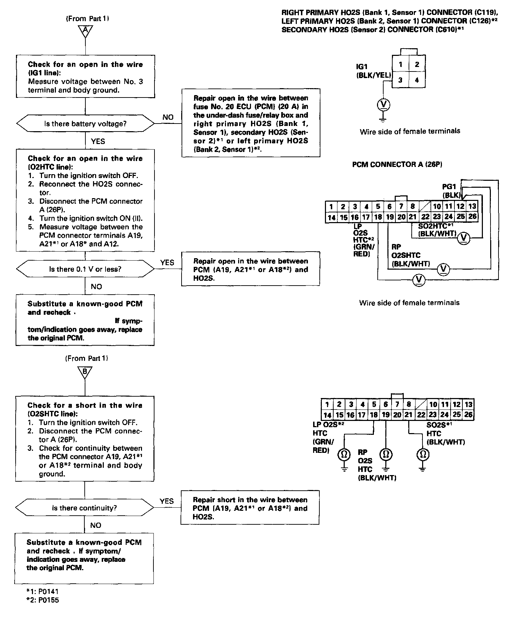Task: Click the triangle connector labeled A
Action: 85,31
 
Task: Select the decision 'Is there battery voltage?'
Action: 85,124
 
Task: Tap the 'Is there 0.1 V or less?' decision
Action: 85,269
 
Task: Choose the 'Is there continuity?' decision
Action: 85,508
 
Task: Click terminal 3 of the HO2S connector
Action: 400,80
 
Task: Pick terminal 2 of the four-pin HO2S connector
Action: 417,64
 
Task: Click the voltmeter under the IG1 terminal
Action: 383,104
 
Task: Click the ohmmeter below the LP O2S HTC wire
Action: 344,454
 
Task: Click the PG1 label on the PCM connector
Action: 449,187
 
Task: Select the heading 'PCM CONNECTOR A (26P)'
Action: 397,164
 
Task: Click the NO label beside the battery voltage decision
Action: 168,117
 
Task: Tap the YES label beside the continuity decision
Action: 167,501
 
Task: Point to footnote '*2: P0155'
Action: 44,600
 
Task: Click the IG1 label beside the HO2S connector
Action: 362,66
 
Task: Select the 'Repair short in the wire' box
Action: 250,508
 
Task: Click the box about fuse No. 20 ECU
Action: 251,123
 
